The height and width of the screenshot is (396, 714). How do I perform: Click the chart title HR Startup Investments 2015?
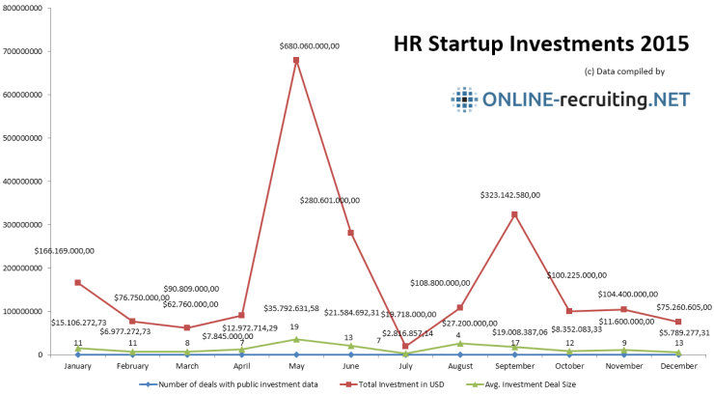point(541,44)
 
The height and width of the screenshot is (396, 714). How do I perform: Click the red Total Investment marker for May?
point(295,60)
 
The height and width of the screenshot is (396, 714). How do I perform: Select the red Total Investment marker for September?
point(515,214)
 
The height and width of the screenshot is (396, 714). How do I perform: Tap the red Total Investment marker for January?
point(77,282)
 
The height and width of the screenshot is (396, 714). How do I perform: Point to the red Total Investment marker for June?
point(350,233)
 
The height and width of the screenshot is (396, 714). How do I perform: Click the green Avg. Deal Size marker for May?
point(295,339)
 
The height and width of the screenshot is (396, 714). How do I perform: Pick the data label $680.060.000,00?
point(295,44)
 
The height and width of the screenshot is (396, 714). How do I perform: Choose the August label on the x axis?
point(459,366)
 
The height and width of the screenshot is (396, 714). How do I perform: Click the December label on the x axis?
point(679,366)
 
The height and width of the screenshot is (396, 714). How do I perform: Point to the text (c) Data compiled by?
point(624,72)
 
